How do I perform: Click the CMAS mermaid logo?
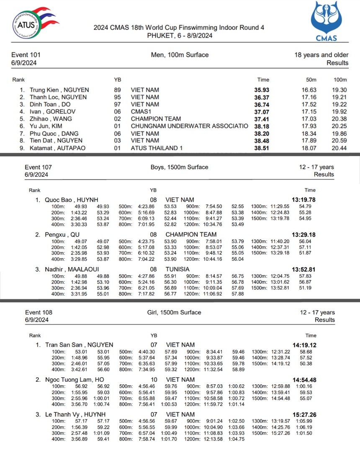pos(326,21)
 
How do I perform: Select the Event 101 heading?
pos(26,55)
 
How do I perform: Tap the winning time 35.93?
pos(262,90)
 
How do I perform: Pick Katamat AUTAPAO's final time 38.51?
pos(262,148)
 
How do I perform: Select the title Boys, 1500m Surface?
pos(179,167)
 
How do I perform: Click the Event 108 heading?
pos(39,312)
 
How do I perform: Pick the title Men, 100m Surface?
pos(180,55)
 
